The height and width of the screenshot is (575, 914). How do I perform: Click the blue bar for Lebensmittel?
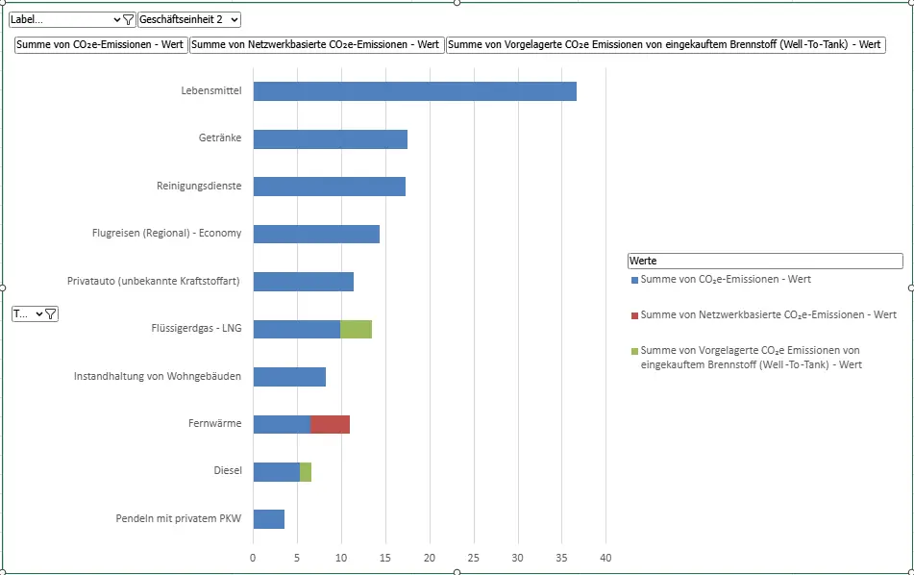pos(414,91)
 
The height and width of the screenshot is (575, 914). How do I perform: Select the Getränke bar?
pos(330,139)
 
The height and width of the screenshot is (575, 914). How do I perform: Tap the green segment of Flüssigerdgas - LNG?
pos(356,329)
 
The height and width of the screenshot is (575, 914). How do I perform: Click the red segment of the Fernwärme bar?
pos(330,424)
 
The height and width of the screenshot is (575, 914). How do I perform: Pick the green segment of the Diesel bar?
pos(306,472)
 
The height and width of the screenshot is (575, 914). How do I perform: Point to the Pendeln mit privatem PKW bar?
pos(268,519)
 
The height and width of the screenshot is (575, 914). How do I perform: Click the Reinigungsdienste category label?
pos(199,186)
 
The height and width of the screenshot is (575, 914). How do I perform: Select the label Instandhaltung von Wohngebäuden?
pos(158,376)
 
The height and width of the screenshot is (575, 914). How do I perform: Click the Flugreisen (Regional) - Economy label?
pos(166,233)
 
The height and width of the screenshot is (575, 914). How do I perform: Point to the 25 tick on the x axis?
pos(474,558)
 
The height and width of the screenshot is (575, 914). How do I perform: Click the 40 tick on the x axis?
pos(605,558)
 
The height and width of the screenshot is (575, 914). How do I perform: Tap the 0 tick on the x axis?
pos(253,558)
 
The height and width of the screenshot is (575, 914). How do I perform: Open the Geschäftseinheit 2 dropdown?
pos(188,19)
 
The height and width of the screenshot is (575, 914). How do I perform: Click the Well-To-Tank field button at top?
pos(665,44)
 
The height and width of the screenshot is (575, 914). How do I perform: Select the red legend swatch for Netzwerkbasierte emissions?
pos(634,315)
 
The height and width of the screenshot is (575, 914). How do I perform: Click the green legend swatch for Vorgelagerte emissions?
pos(634,351)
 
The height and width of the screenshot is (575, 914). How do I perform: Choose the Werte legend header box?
pos(764,261)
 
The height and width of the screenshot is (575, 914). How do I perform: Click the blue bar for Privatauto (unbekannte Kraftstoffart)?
pos(303,282)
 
